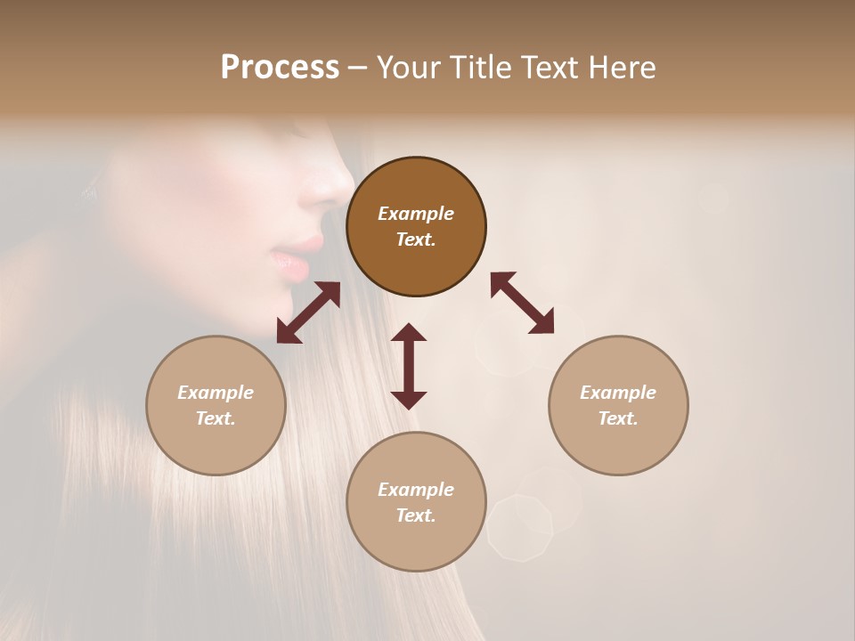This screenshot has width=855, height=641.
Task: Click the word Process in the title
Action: pyautogui.click(x=280, y=68)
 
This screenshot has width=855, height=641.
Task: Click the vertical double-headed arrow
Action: pyautogui.click(x=409, y=366)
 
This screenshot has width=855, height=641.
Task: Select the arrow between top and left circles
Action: pyautogui.click(x=308, y=312)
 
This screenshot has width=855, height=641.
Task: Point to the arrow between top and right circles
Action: pyautogui.click(x=522, y=303)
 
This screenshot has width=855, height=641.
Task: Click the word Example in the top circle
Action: pyautogui.click(x=416, y=214)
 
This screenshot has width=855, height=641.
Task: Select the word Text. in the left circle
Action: pyautogui.click(x=216, y=418)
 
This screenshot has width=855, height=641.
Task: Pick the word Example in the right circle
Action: pyautogui.click(x=618, y=393)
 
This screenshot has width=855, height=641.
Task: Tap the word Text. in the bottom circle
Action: pyautogui.click(x=416, y=515)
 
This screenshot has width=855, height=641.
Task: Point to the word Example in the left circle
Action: pyautogui.click(x=216, y=393)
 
